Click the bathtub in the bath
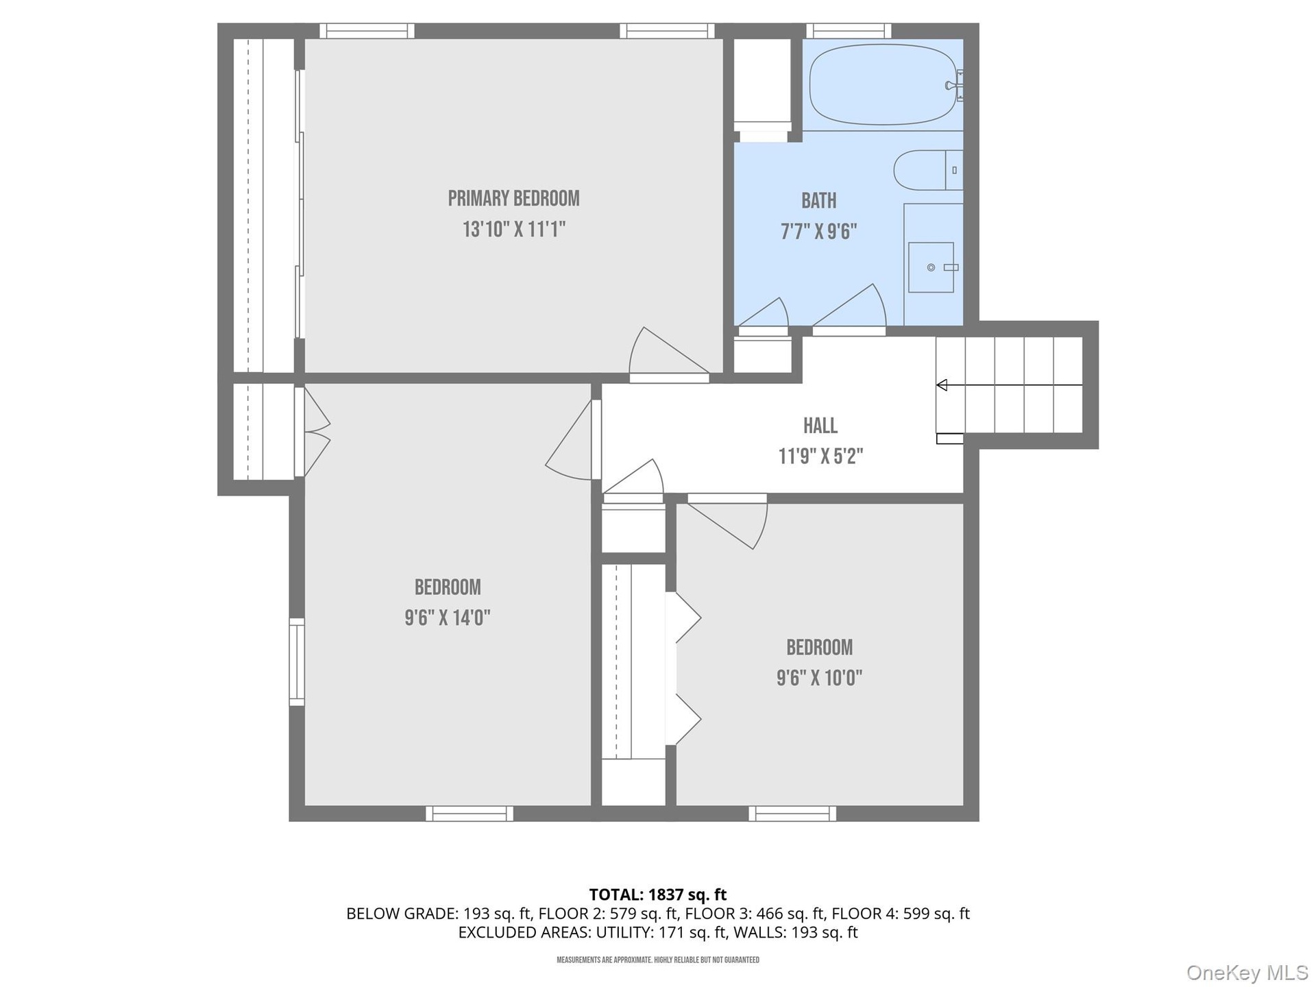click(x=883, y=84)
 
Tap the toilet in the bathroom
click(x=928, y=170)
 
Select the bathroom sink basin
click(x=931, y=267)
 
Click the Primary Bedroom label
click(x=513, y=199)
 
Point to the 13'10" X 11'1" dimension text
click(x=513, y=229)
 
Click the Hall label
click(x=820, y=426)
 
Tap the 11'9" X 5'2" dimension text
click(x=820, y=456)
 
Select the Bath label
click(x=819, y=201)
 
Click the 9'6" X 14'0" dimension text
click(x=448, y=618)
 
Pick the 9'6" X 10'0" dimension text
click(x=819, y=678)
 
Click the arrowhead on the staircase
click(x=942, y=385)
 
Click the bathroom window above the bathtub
click(x=849, y=31)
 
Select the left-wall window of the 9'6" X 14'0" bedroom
click(x=297, y=661)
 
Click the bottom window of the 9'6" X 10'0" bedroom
click(x=792, y=814)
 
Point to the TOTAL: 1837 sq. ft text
click(x=658, y=894)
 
